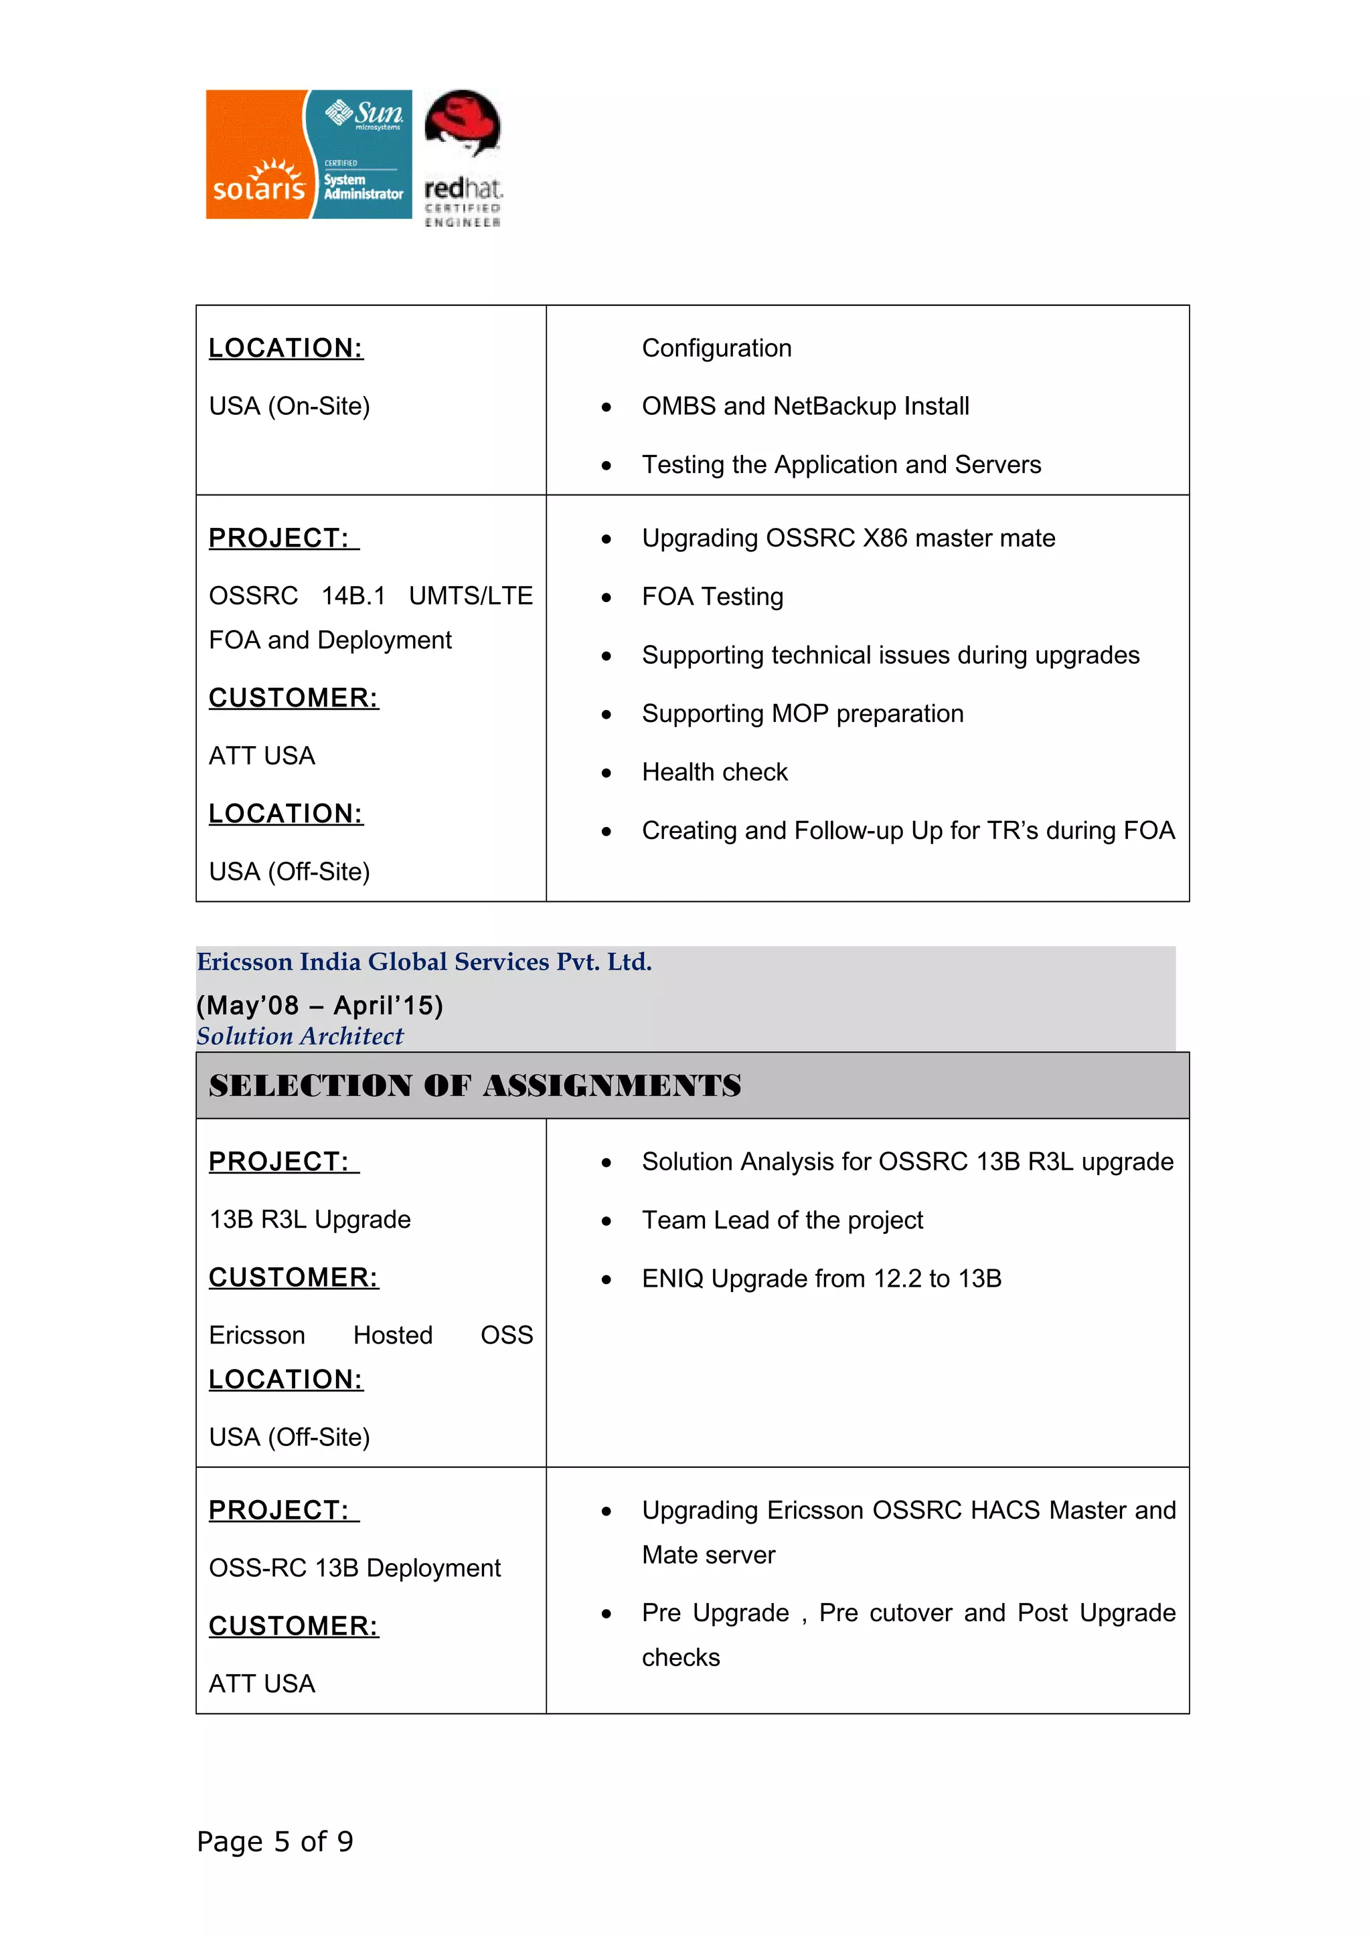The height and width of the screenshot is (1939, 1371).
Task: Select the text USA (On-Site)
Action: click(289, 406)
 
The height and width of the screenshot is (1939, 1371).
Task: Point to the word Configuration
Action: click(716, 348)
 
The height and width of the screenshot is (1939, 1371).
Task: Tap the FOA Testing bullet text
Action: click(712, 596)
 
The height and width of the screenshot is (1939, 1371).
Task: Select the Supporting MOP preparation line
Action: click(802, 714)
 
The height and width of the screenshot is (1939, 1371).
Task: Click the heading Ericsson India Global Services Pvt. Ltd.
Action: click(424, 962)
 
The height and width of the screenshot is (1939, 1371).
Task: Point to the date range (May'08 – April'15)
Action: click(319, 1005)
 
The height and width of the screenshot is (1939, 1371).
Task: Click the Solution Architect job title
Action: click(300, 1036)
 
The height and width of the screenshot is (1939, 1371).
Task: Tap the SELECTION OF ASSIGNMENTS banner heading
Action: click(475, 1086)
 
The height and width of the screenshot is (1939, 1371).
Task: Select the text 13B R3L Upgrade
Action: click(309, 1220)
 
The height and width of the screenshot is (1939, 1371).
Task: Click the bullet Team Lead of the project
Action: click(781, 1220)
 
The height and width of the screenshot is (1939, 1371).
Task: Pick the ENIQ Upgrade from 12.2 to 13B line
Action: click(821, 1279)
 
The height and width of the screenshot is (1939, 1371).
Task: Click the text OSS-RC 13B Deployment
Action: click(354, 1568)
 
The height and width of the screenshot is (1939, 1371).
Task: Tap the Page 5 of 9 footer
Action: click(274, 1841)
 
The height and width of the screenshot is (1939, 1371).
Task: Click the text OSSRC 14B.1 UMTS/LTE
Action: click(370, 596)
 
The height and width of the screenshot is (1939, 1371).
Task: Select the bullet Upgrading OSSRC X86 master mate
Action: click(848, 538)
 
